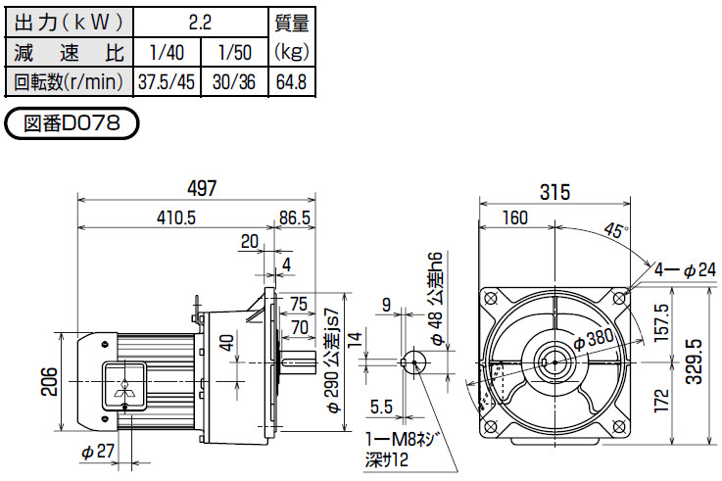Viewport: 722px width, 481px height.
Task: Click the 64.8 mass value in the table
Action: [291, 82]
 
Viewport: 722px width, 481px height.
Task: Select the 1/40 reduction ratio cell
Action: [167, 52]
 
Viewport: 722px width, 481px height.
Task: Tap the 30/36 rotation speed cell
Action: [234, 82]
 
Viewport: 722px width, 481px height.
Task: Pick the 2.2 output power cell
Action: [200, 23]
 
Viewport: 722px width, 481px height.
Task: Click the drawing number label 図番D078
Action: [72, 122]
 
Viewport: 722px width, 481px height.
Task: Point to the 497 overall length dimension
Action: [202, 188]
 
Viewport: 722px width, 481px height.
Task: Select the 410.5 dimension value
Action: [176, 217]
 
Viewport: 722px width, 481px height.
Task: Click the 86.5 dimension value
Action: [295, 217]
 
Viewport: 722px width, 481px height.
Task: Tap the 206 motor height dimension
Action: [49, 382]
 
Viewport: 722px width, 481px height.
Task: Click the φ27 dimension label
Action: [98, 451]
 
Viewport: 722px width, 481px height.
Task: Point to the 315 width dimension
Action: [554, 191]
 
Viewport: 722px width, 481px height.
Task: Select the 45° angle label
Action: [616, 229]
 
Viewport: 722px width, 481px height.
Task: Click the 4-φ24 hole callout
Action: [685, 269]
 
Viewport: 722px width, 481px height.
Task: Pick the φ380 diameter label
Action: [594, 339]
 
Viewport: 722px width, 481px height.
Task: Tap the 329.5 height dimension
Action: [694, 361]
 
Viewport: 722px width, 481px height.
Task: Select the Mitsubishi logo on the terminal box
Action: [124, 388]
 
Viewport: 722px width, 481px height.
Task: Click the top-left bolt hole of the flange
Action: [491, 298]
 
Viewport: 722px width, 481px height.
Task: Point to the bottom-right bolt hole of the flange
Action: [620, 427]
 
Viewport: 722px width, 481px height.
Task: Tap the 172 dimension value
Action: [661, 400]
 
